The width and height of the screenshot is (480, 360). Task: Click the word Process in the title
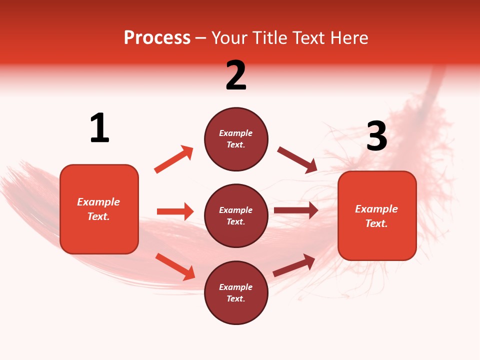(157, 38)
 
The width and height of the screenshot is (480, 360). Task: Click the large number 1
(99, 128)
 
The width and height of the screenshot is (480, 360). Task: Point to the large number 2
(236, 75)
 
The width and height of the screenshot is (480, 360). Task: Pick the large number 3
(376, 136)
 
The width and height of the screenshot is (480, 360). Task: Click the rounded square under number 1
(99, 209)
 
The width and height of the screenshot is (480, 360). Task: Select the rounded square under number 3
(377, 215)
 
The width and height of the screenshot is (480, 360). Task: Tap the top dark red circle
(236, 139)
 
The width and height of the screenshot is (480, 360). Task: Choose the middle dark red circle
(236, 215)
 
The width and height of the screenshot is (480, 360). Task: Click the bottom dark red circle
(236, 292)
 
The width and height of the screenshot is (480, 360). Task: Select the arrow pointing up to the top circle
(173, 159)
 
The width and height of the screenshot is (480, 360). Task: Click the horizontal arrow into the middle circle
(175, 211)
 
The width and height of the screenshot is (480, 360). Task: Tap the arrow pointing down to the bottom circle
(175, 266)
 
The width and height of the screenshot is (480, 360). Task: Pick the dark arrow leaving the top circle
(297, 160)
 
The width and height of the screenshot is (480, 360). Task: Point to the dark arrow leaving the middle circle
(296, 210)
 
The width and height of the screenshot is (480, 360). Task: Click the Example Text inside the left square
(98, 209)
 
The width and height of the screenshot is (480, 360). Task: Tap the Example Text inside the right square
(376, 216)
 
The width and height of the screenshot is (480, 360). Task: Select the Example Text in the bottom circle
(236, 293)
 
